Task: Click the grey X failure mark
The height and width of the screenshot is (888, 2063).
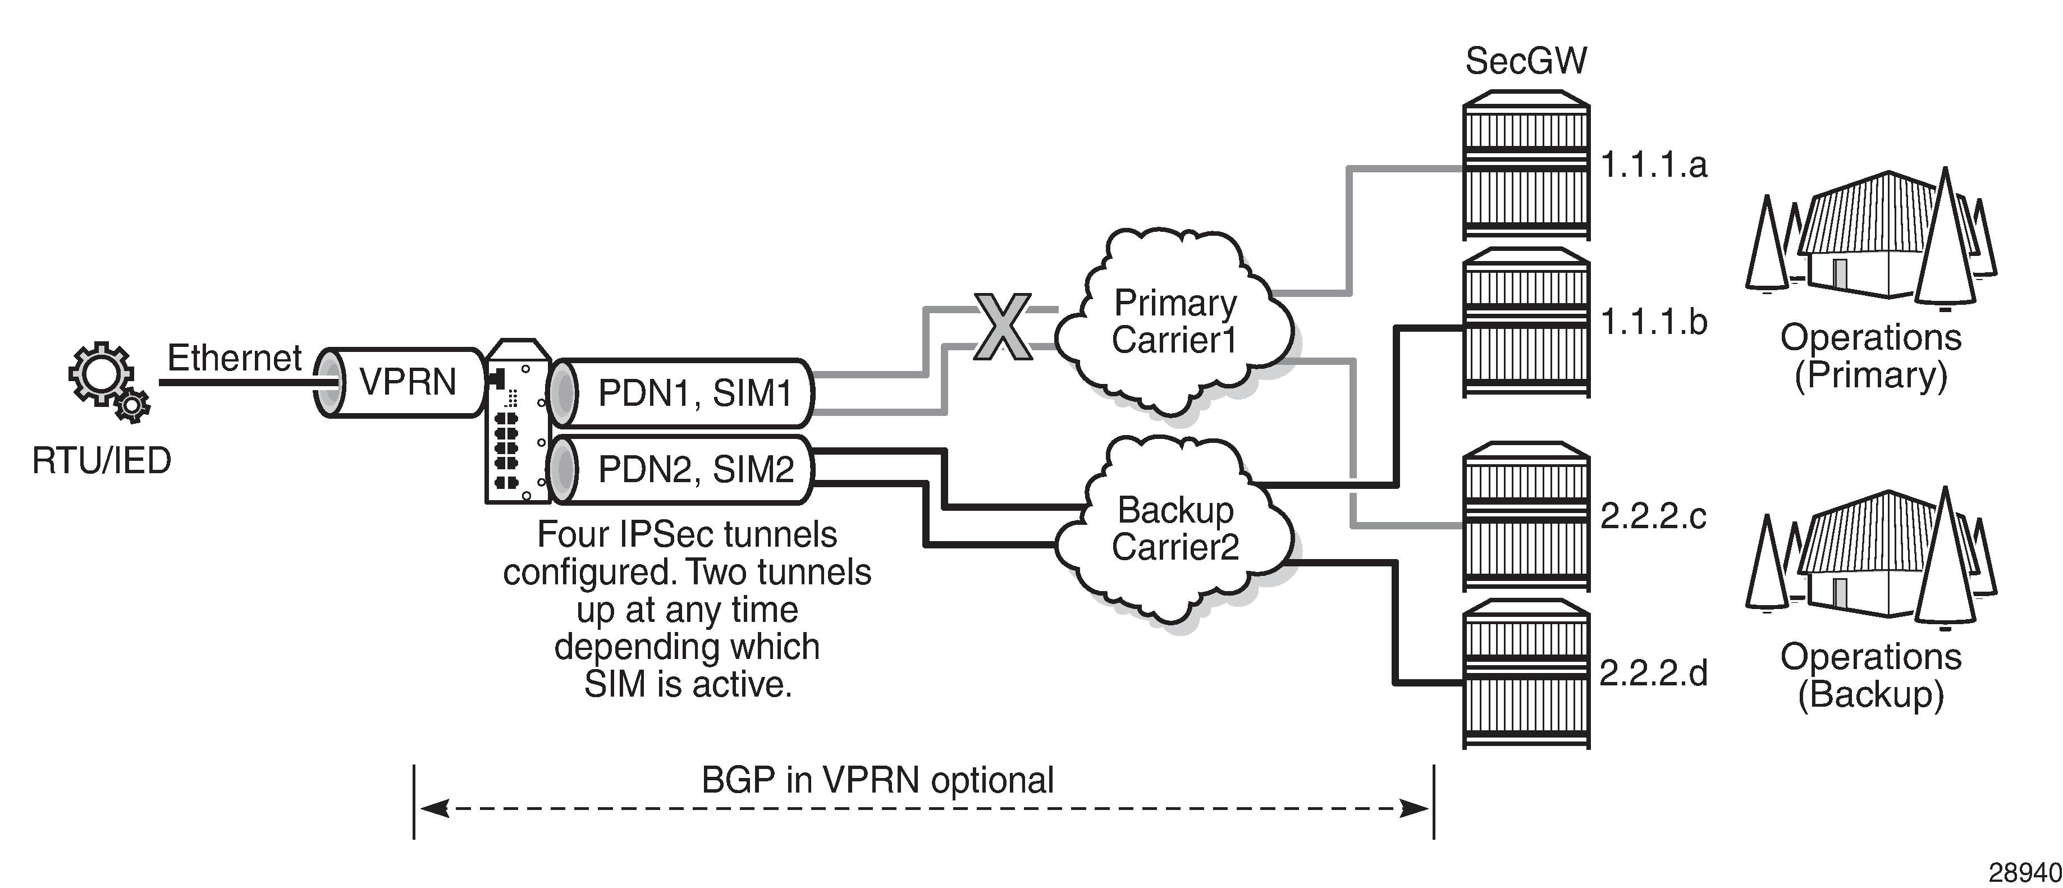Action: [1003, 327]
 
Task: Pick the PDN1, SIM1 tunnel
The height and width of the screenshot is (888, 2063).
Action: [689, 393]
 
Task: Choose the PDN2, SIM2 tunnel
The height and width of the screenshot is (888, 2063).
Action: [689, 469]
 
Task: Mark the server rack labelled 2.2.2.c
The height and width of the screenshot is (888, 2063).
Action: [1526, 516]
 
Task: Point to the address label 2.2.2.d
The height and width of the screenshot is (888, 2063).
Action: [1653, 672]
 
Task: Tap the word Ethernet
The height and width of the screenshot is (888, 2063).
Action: [234, 358]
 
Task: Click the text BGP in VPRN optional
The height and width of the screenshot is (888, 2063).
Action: [877, 780]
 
